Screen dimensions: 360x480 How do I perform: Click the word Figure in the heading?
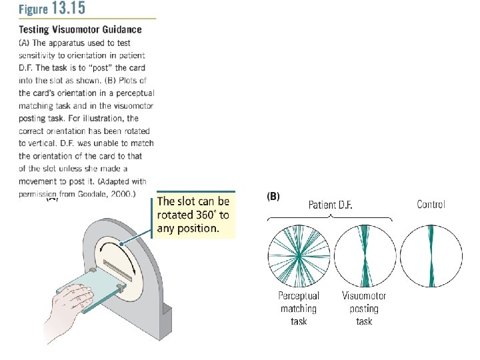[x=33, y=10]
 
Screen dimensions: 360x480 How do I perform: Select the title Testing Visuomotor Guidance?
[x=80, y=29]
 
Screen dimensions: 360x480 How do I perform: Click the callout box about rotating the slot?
[x=196, y=215]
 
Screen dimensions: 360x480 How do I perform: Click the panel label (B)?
[x=273, y=197]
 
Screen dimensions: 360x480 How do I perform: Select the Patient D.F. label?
[x=330, y=205]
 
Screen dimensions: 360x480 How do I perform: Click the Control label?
[x=431, y=204]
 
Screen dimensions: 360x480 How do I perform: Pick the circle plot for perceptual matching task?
[x=299, y=256]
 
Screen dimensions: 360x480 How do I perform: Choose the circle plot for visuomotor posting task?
[x=364, y=256]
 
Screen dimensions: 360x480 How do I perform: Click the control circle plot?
[x=431, y=256]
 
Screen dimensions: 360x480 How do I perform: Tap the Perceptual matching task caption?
[x=299, y=308]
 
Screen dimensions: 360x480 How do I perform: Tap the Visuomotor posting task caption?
[x=364, y=308]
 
